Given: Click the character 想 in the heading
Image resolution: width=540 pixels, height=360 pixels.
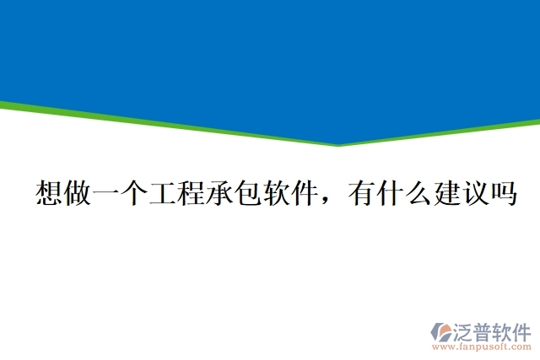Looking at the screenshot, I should (50, 195).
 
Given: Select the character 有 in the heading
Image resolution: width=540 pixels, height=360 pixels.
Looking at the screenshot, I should (364, 195).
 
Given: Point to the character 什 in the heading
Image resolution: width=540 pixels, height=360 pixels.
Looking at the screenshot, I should (395, 195).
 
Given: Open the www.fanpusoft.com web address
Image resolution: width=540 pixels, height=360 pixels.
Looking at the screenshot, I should (482, 347).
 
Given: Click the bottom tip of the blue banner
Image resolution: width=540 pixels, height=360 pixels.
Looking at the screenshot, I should (338, 143).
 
